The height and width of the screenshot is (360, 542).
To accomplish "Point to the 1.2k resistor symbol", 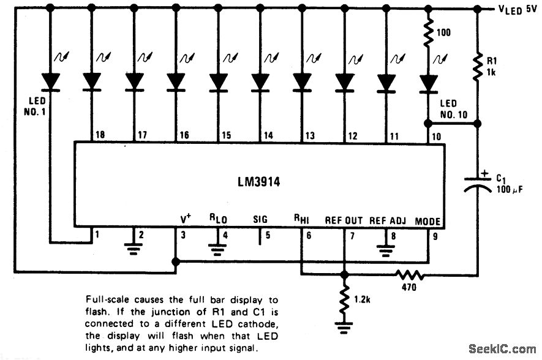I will click(x=344, y=298).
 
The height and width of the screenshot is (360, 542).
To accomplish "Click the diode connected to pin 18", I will click(x=92, y=81).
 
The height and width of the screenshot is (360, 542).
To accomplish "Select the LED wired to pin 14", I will click(x=260, y=81).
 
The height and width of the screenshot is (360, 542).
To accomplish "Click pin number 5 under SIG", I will click(x=266, y=234).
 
